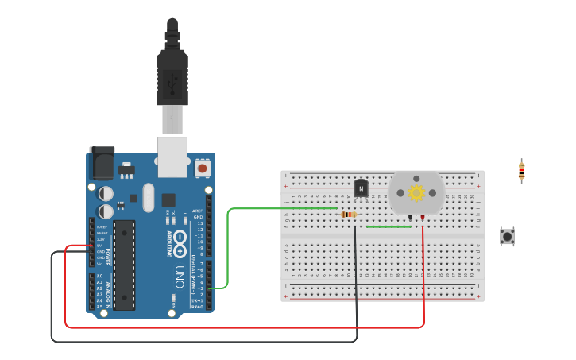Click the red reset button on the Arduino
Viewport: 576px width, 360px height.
pyautogui.click(x=202, y=168)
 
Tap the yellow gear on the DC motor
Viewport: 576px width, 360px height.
pyautogui.click(x=416, y=192)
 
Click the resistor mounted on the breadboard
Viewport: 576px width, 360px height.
pyautogui.click(x=348, y=215)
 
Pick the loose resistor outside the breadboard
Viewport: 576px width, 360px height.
pyautogui.click(x=521, y=171)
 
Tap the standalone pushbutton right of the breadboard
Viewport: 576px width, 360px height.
pyautogui.click(x=506, y=236)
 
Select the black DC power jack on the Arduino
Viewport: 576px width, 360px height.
pyautogui.click(x=102, y=165)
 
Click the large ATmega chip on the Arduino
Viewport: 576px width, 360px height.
pyautogui.click(x=124, y=265)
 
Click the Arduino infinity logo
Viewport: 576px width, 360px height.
pyautogui.click(x=180, y=238)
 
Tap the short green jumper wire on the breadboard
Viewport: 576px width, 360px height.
pyautogui.click(x=389, y=227)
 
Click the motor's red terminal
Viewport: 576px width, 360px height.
pyautogui.click(x=423, y=217)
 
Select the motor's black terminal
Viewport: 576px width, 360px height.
pyautogui.click(x=410, y=217)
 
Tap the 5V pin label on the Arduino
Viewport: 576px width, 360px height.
pyautogui.click(x=100, y=245)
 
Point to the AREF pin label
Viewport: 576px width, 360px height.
pyautogui.click(x=198, y=211)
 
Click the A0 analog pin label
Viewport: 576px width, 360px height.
pyautogui.click(x=100, y=276)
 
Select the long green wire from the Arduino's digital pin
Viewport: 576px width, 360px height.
pyautogui.click(x=229, y=238)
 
